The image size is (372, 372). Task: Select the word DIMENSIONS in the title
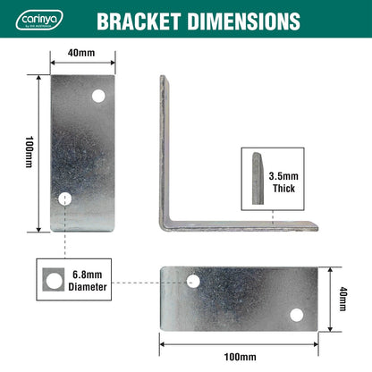tap(244, 20)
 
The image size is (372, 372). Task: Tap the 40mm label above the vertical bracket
tap(81, 53)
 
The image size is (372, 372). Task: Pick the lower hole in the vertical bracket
tap(63, 200)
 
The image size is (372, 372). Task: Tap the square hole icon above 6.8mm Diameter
tap(50, 280)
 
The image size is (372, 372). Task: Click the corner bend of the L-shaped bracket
tap(166, 223)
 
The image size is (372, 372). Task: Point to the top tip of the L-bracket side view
tap(163, 78)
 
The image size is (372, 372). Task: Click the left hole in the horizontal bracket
tap(192, 281)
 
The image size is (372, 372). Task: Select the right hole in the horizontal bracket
tap(298, 314)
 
